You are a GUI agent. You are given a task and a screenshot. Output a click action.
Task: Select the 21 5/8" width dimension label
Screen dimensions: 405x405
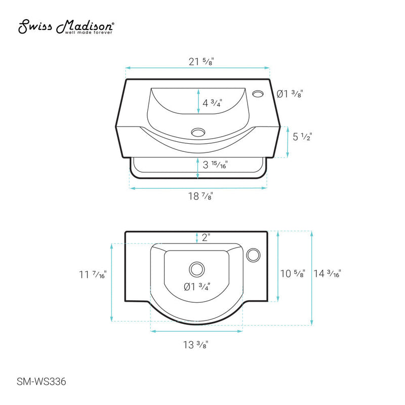(x=201, y=62)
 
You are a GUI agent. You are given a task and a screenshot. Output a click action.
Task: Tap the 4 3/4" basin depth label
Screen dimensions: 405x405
(x=213, y=103)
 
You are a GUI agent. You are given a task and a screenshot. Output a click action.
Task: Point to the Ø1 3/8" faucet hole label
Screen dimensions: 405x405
(x=291, y=94)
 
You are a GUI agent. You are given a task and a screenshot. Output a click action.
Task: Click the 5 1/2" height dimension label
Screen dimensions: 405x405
(x=302, y=137)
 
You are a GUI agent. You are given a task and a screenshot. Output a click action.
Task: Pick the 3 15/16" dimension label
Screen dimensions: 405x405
(x=215, y=165)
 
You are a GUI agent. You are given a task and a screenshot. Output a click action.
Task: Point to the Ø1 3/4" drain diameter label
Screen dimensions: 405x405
(x=198, y=287)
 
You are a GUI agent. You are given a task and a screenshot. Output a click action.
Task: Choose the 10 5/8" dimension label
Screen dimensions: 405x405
(x=293, y=274)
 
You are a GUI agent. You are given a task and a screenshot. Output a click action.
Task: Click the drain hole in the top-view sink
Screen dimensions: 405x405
(x=196, y=268)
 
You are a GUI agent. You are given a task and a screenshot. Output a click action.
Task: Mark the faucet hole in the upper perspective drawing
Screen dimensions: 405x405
(x=258, y=94)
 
